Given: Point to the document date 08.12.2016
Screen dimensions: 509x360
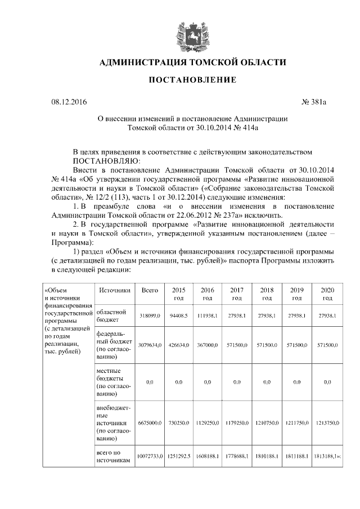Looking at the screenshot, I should [69, 102].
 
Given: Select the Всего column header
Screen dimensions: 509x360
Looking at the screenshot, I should [149, 290].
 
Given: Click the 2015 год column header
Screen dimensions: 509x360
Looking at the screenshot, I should [178, 294].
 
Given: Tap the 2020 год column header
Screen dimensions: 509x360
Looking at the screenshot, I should [327, 294].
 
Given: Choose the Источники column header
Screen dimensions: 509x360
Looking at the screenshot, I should [114, 290].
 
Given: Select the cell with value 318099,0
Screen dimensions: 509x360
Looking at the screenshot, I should [149, 316].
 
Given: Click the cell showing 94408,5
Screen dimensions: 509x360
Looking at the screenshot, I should [178, 316].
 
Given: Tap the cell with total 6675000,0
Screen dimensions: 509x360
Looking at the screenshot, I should [149, 422].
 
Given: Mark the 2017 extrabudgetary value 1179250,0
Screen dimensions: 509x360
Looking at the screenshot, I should [237, 422].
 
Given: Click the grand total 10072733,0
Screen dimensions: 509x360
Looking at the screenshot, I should [149, 457].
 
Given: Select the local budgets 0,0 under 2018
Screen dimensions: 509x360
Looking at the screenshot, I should [267, 382].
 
